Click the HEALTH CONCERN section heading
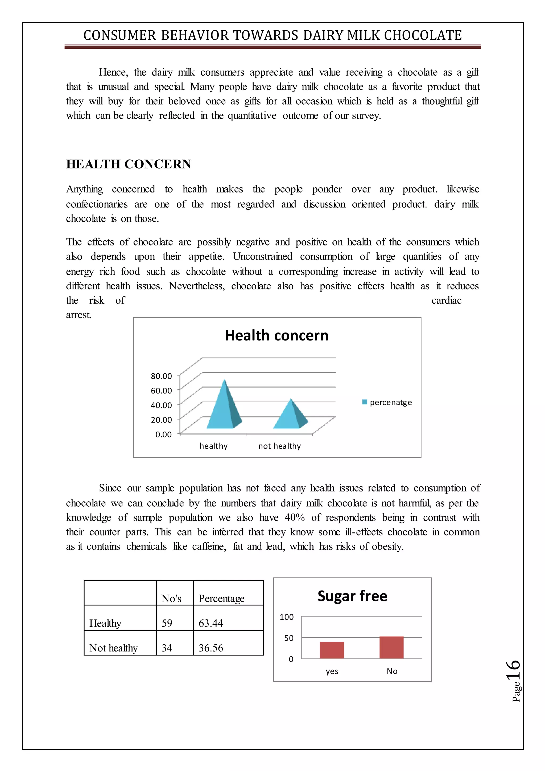pyautogui.click(x=129, y=164)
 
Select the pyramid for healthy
pyautogui.click(x=224, y=408)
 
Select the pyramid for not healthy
pyautogui.click(x=290, y=416)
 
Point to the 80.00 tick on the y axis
pyautogui.click(x=162, y=376)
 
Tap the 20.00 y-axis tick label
pyautogui.click(x=162, y=420)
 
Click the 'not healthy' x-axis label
pyautogui.click(x=279, y=446)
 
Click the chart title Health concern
pyautogui.click(x=276, y=335)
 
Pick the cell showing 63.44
pyautogui.click(x=211, y=623)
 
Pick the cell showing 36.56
pyautogui.click(x=211, y=648)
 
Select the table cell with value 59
pyautogui.click(x=167, y=623)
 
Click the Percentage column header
pyautogui.click(x=221, y=598)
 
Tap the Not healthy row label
pyautogui.click(x=113, y=648)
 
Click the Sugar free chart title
pyautogui.click(x=352, y=596)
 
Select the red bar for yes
pyautogui.click(x=332, y=650)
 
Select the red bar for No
pyautogui.click(x=391, y=648)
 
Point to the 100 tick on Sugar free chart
pyautogui.click(x=287, y=617)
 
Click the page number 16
pyautogui.click(x=513, y=670)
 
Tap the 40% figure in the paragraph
pyautogui.click(x=295, y=518)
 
